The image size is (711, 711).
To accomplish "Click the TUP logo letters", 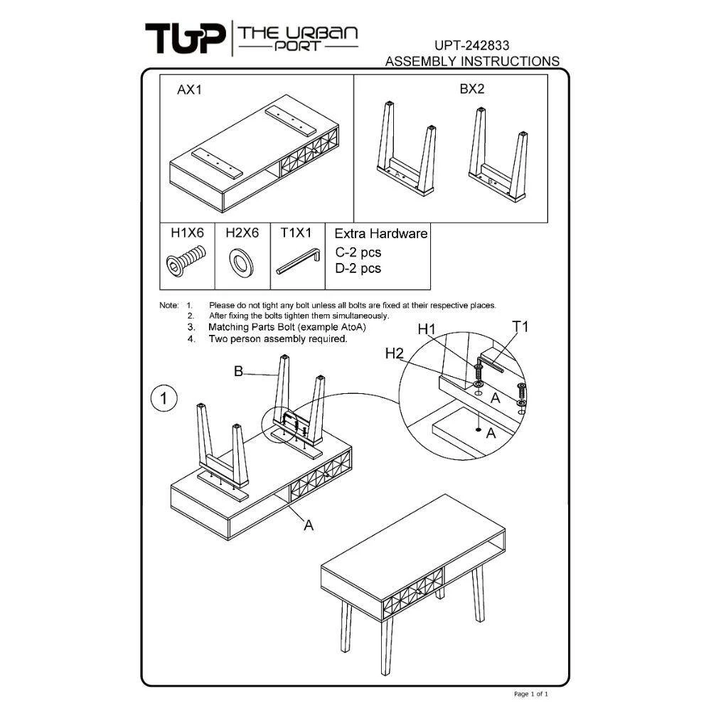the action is pos(185,38).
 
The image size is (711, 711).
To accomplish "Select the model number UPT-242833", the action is pos(471,46).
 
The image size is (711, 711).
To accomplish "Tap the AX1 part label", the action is pos(190,90).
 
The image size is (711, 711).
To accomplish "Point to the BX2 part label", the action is pos(472,89).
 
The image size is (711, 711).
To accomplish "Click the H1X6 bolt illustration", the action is pos(186,261).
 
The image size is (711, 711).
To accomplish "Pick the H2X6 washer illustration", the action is pos(241,263).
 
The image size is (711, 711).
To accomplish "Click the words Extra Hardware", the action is pos(381,233).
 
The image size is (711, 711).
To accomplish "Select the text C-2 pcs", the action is pos(358,252).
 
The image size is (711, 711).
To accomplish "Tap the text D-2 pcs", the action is pos(358,269).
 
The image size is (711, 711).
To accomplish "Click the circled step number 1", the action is pos(164,398).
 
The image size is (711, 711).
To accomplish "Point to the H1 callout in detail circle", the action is pos(426,329).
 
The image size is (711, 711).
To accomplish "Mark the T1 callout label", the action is pos(520,326).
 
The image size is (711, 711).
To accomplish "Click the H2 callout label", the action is pos(394,353).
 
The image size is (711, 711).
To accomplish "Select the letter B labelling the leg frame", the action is pos(238,371).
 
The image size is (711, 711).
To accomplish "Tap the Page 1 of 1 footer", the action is pos(531,694).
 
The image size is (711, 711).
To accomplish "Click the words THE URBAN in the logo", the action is pos(298,33).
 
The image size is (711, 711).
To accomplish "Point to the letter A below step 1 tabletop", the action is pos(309,525).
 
